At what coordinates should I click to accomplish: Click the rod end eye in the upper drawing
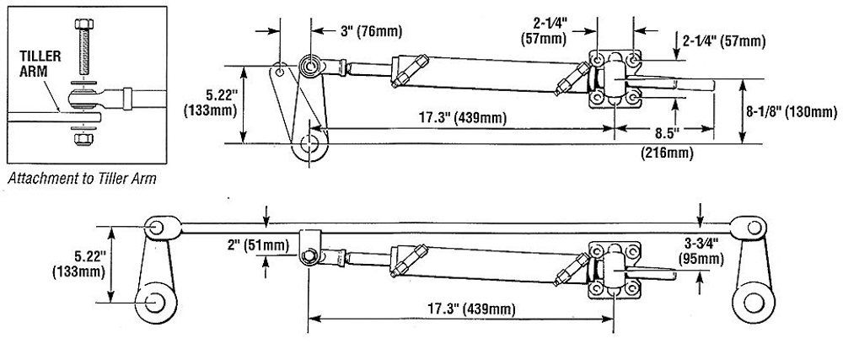pyautogui.click(x=310, y=65)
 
